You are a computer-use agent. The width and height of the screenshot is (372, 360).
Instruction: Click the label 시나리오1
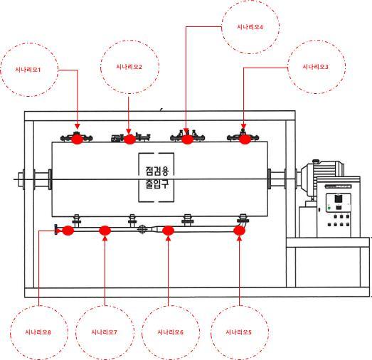coord(28,70)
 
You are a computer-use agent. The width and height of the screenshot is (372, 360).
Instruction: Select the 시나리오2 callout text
coord(129,67)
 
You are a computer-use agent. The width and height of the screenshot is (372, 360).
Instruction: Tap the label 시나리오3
coord(315,67)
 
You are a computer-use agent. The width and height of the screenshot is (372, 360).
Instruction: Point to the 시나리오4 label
coord(250,27)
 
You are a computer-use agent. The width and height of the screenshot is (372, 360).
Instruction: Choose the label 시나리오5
coord(238,332)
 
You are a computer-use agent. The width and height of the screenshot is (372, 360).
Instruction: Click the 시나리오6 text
coord(170,332)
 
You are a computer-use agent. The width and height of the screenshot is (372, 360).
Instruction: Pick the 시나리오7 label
coord(104,332)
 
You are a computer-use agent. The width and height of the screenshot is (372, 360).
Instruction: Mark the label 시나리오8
coord(38,332)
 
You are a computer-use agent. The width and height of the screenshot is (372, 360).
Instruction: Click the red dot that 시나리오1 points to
coord(77,139)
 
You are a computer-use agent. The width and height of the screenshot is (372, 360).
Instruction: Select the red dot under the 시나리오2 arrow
coord(129,139)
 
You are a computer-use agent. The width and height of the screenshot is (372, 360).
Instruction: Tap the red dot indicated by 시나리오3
coord(245,139)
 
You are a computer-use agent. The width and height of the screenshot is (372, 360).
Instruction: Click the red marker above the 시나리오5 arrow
coord(239,231)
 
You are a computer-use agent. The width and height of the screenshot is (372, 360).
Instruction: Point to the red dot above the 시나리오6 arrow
coord(168,231)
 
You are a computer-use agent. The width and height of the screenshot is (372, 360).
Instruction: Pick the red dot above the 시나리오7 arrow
coord(105,231)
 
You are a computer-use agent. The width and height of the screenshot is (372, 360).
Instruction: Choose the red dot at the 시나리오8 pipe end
coord(68,231)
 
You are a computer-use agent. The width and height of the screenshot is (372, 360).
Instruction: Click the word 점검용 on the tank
coord(156,171)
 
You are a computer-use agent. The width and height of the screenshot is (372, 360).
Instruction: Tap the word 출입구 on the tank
coord(156,184)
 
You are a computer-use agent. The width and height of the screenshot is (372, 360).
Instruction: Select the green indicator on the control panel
coord(329,208)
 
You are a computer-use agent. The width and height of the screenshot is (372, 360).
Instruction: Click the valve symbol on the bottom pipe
coord(142,229)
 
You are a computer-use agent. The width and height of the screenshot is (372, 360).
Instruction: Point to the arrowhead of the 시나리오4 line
coord(186,130)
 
